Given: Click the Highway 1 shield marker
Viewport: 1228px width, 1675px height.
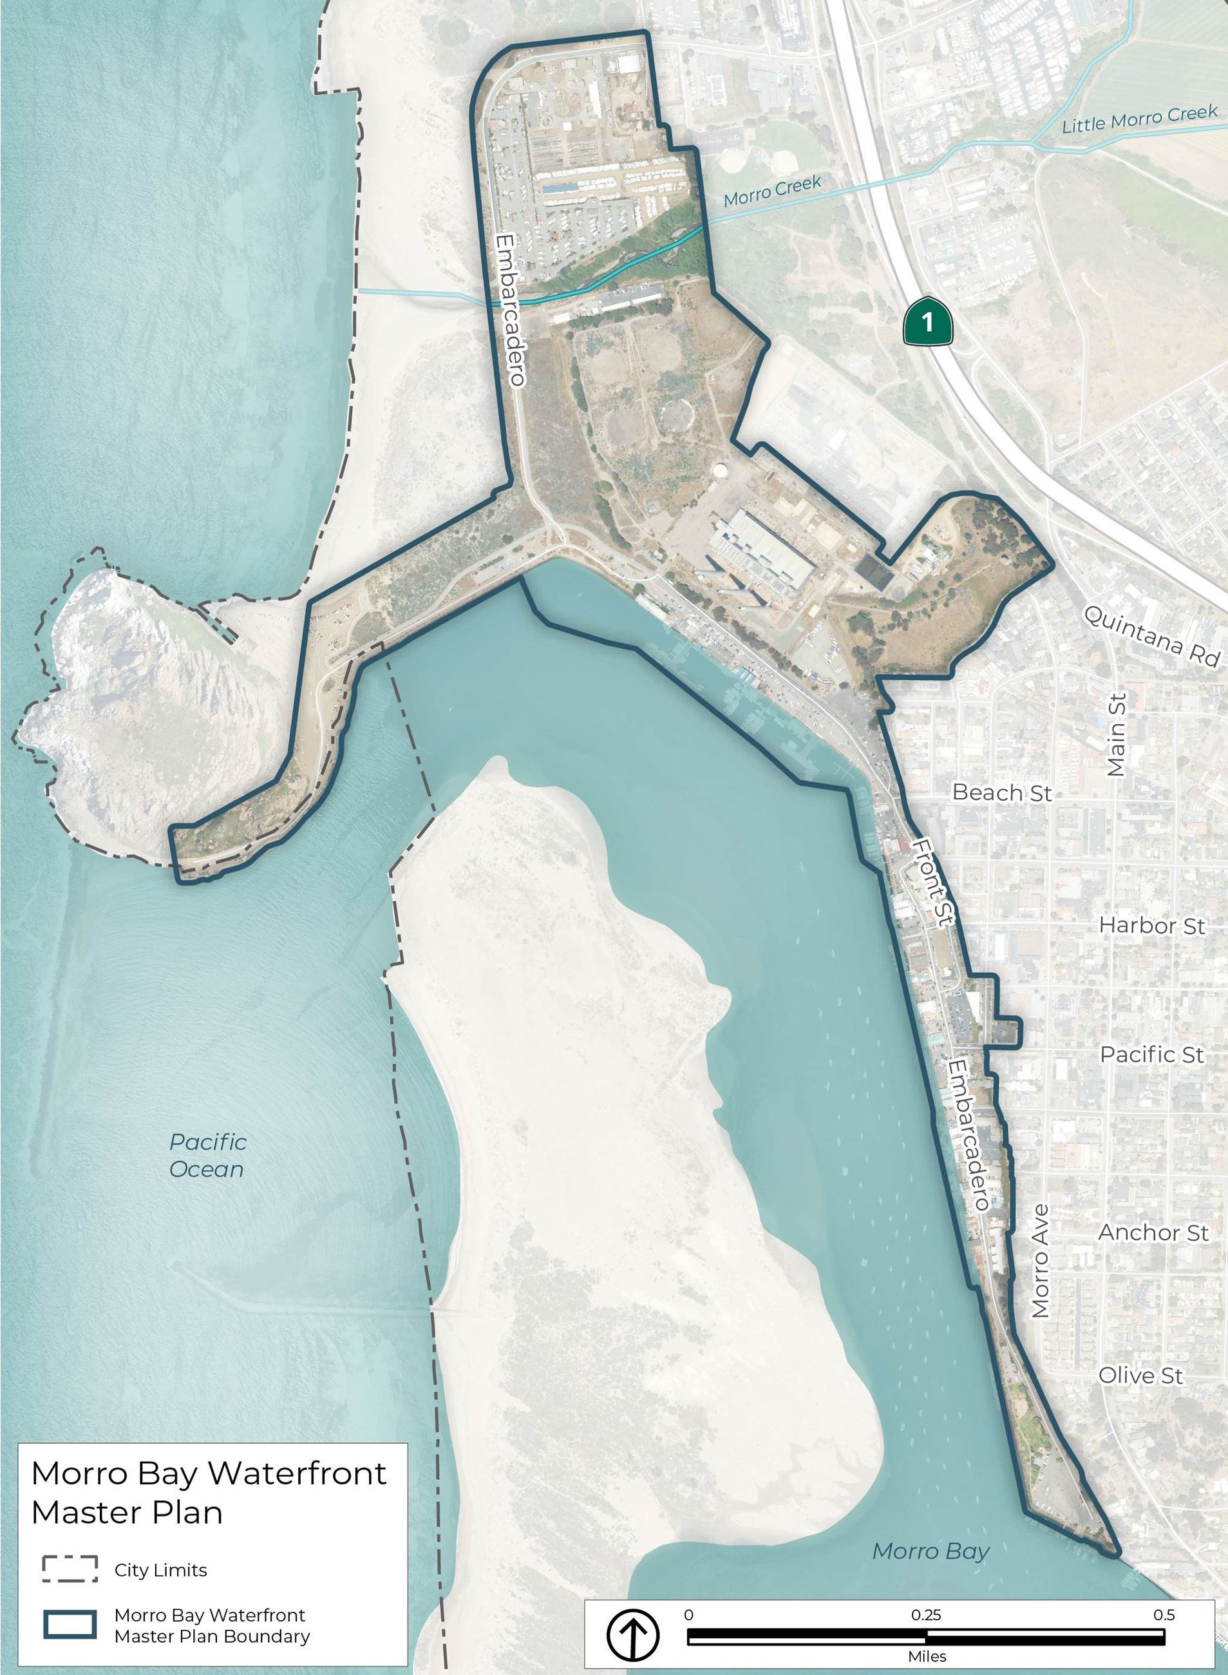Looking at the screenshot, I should point(927,321).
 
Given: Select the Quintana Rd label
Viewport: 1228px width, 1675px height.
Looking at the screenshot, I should point(1151,636).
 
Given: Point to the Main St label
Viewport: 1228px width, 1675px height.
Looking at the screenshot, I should point(1117,735).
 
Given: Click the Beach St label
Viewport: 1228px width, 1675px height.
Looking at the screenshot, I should point(1002,792).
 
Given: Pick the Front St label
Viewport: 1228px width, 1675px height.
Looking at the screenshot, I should point(933,882).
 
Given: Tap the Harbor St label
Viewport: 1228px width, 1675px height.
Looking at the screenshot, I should point(1151,926).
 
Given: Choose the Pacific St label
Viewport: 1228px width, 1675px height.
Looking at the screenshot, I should point(1151,1054).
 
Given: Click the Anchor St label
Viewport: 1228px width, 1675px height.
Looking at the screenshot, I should point(1153,1232).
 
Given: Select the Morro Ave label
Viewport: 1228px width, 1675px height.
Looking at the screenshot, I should point(1041,1261).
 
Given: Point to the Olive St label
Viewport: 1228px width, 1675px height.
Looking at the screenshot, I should point(1140,1375).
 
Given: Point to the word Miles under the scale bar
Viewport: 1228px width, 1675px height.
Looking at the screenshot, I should point(927,1656).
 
